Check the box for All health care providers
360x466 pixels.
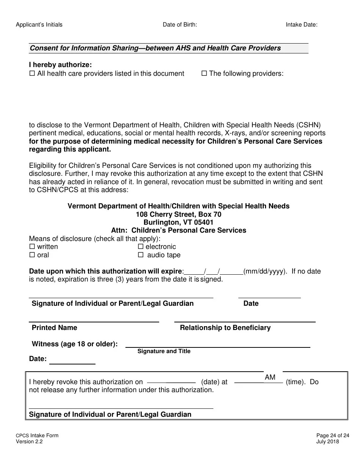32,73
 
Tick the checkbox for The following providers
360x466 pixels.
204,73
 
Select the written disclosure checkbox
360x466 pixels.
32,247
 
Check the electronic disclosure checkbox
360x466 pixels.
141,247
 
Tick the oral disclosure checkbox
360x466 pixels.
32,255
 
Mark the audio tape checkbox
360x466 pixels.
141,255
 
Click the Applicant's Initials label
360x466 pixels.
39,25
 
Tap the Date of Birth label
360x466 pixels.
180,25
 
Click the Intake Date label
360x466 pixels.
301,25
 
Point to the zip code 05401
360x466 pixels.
204,222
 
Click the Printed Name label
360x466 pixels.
54,328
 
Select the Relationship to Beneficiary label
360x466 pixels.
225,328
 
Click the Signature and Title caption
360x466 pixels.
164,351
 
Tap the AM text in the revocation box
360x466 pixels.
270,377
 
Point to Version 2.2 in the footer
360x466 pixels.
29,441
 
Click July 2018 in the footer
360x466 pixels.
327,441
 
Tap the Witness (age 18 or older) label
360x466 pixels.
75,344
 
